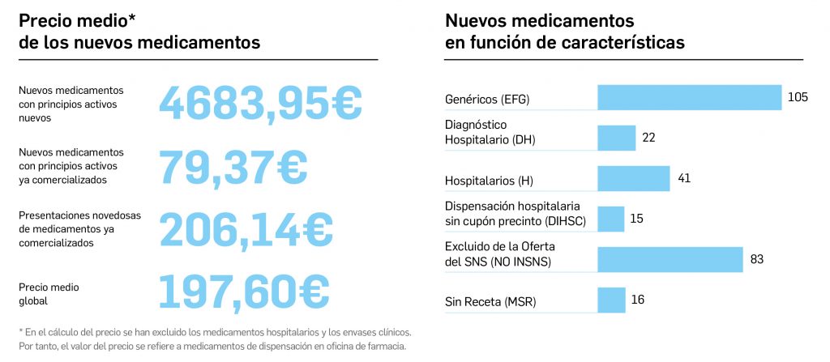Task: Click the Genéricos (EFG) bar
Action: pos(689,97)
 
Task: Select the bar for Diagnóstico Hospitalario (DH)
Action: pos(617,138)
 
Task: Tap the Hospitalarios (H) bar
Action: pos(634,178)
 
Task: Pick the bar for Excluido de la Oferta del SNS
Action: pos(670,259)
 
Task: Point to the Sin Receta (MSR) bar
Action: pos(611,300)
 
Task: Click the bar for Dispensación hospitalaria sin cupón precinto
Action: pos(610,219)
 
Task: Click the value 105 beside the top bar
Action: pos(798,97)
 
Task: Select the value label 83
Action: pos(757,259)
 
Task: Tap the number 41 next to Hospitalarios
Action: pos(684,178)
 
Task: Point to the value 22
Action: pos(648,138)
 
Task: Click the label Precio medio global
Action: pos(49,293)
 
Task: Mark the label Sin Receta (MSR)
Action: pos(490,303)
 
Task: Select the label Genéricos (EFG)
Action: pos(492,100)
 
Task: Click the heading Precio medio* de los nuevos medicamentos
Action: pos(139,32)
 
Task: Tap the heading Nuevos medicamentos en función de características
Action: pos(564,32)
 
